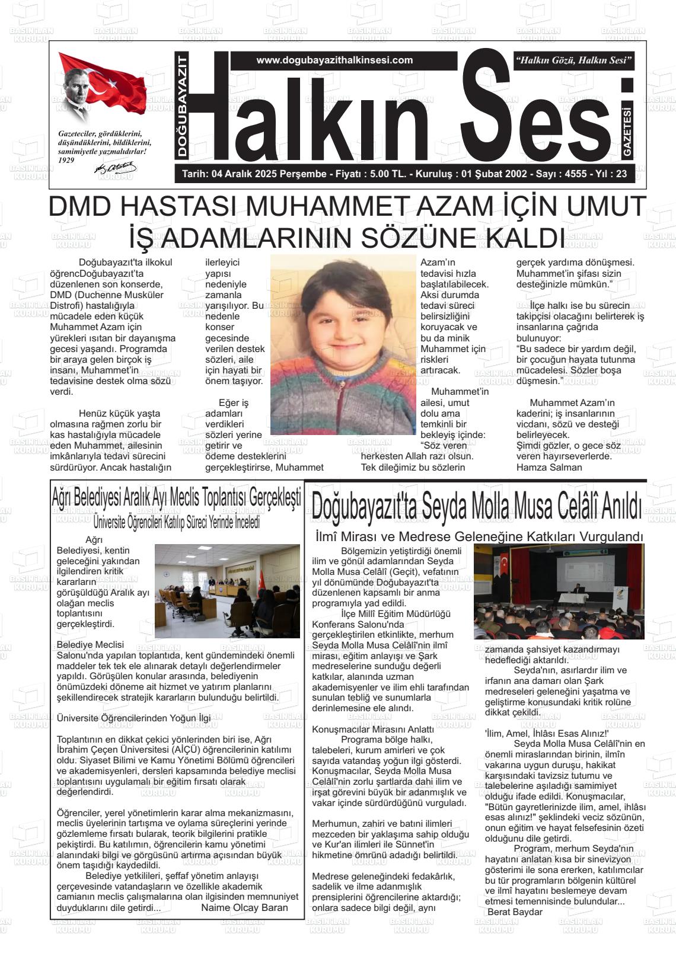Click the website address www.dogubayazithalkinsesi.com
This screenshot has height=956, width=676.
[334, 60]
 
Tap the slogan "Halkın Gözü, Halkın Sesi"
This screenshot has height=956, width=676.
[575, 60]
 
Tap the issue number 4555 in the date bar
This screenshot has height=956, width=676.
[575, 174]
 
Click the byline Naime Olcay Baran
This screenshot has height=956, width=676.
[244, 907]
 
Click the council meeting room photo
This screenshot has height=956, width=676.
[228, 591]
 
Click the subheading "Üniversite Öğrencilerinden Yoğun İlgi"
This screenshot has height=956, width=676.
[134, 718]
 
